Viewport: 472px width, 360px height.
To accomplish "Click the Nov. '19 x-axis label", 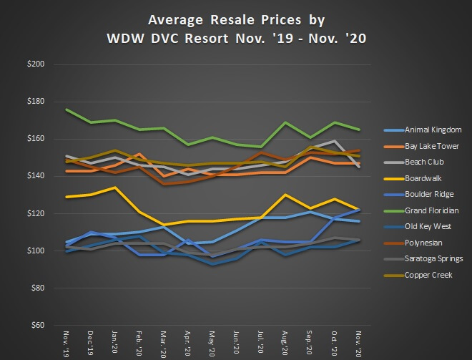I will click(x=67, y=344).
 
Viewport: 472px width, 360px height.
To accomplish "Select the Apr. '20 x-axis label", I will click(x=187, y=344).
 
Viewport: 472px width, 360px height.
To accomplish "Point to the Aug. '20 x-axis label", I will click(x=285, y=344).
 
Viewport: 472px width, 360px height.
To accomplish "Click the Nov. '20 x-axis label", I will click(x=358, y=344).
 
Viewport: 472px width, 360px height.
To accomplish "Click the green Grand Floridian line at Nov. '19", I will click(x=67, y=110).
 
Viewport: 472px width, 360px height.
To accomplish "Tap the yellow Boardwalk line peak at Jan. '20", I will click(x=114, y=188).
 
